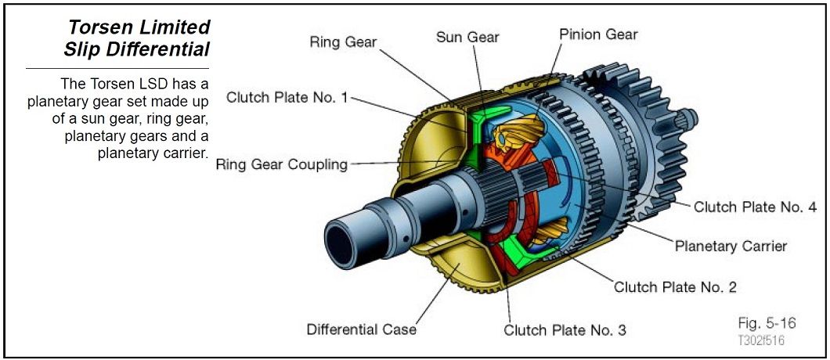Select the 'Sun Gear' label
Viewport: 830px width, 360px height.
point(467,37)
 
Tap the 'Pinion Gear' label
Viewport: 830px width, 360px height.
point(599,34)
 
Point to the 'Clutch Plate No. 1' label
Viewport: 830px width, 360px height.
point(287,97)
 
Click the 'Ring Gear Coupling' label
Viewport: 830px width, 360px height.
point(281,164)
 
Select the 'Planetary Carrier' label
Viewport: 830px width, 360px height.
point(731,246)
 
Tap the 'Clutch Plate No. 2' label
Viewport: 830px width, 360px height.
point(675,286)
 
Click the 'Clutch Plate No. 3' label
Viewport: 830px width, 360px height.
point(565,329)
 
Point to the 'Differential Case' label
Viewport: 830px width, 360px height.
point(361,329)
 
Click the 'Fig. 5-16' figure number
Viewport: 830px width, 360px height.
point(766,323)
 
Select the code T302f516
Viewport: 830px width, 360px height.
point(760,340)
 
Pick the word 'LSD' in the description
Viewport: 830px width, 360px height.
point(156,84)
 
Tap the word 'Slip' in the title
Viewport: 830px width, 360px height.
point(89,49)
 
